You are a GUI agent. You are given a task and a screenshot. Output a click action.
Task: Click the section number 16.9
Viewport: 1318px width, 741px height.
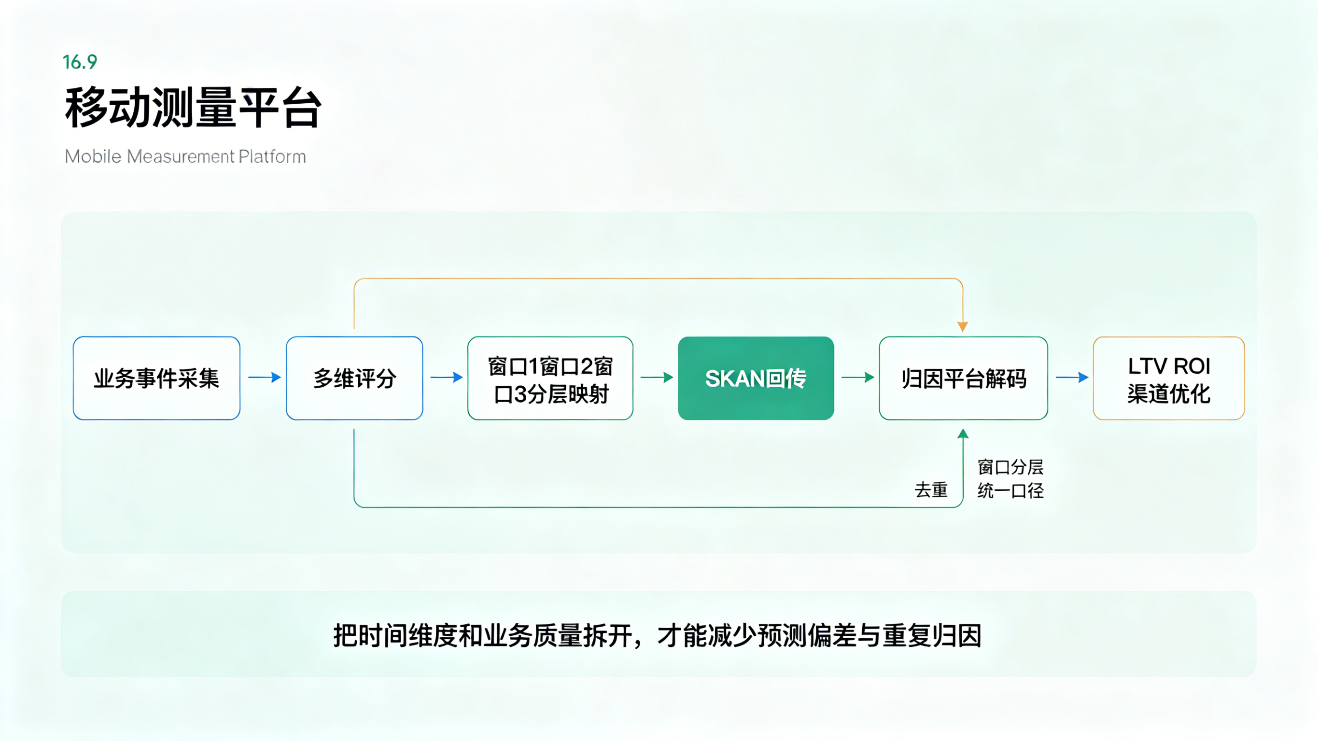point(80,62)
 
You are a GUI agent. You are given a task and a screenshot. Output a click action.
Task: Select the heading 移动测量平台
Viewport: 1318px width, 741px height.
point(193,108)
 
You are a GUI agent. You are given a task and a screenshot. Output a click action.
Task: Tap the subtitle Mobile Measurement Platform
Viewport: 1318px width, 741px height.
point(185,156)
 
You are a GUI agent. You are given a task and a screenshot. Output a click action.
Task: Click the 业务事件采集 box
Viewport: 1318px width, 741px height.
point(156,378)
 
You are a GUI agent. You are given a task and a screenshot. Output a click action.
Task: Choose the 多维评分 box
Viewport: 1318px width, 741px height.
point(354,378)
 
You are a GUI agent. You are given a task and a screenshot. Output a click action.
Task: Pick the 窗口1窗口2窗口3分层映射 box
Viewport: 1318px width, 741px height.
point(550,378)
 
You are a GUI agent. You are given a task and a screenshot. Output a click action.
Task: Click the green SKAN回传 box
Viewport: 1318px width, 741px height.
point(756,378)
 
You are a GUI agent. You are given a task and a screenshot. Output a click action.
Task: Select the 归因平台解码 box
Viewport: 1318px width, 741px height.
point(964,378)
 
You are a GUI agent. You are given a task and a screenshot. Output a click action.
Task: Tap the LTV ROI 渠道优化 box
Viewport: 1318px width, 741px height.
point(1169,378)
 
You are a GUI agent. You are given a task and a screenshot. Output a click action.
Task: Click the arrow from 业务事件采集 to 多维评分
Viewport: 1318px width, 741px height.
point(265,377)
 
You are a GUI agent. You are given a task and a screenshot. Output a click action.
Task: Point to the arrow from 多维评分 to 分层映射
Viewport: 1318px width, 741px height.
point(446,377)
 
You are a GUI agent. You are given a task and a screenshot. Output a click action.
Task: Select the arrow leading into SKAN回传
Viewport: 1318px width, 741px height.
point(657,377)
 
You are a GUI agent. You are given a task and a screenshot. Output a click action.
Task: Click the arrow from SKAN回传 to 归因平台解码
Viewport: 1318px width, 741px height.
point(857,377)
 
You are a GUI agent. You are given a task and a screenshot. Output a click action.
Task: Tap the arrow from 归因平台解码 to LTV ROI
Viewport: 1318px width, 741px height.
point(1072,377)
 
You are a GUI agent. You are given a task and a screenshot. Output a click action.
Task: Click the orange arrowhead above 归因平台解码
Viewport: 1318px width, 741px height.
point(962,326)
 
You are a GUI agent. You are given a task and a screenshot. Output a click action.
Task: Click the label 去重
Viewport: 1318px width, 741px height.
point(931,489)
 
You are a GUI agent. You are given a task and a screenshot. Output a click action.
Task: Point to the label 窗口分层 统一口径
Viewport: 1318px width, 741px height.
point(1010,478)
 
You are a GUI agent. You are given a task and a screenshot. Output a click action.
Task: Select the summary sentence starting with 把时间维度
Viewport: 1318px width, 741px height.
point(658,636)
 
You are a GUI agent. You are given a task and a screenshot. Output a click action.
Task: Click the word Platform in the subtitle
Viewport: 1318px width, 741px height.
point(272,156)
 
